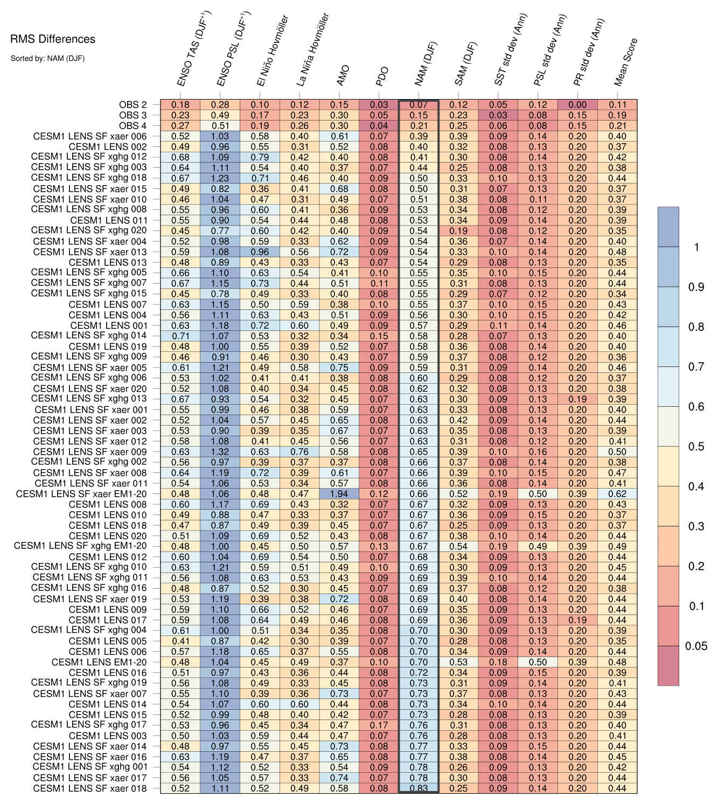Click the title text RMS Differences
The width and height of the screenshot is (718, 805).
53,39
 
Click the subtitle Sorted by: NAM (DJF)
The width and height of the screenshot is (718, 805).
47,58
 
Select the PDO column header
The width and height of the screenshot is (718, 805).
382,77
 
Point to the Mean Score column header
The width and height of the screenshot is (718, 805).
626,62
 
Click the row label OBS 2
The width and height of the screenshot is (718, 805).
133,105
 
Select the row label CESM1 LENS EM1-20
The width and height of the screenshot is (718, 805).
99,662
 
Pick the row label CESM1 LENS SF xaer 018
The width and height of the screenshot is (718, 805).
90,788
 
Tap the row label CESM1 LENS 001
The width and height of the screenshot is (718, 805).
108,326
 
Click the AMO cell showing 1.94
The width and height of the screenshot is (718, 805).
339,494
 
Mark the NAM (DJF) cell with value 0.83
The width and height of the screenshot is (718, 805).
419,788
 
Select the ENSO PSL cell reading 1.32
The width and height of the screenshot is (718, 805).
220,452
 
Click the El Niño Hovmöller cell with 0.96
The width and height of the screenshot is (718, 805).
260,252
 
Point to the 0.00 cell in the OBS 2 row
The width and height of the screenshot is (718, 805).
577,105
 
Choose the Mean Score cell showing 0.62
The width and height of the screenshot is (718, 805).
617,494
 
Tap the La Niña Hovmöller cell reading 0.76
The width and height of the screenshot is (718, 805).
299,452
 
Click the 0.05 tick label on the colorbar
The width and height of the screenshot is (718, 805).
696,646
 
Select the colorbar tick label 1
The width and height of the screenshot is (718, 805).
696,248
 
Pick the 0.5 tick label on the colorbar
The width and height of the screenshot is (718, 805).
696,447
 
